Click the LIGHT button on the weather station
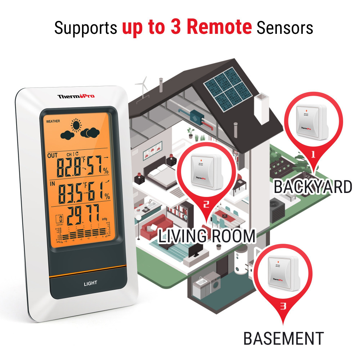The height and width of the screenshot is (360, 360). click(90, 283)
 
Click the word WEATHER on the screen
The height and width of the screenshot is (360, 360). click(53, 121)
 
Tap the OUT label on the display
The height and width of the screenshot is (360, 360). click(52, 156)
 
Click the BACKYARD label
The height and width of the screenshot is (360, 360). click(312, 187)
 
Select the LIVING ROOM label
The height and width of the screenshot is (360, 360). click(207, 236)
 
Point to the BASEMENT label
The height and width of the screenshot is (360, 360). click(284, 339)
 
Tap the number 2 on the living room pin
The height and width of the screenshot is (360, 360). click(206, 204)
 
